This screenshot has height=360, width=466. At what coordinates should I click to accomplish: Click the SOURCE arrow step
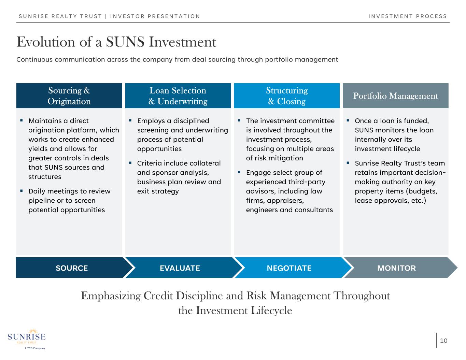click(x=71, y=268)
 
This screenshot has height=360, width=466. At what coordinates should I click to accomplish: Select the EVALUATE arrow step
click(x=180, y=268)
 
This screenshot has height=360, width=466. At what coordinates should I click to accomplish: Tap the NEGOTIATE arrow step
click(x=289, y=268)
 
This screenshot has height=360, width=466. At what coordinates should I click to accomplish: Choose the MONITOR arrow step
click(x=396, y=268)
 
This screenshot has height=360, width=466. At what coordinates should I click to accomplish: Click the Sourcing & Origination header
click(x=69, y=96)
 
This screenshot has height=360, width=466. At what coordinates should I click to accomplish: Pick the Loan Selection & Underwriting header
click(x=178, y=96)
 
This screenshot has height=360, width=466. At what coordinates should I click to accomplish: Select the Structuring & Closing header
click(x=287, y=96)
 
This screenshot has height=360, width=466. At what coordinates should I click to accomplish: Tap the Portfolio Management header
click(x=395, y=96)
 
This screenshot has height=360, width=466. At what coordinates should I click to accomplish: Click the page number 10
click(x=443, y=341)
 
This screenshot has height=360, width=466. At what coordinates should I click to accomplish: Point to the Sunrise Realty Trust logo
click(x=27, y=338)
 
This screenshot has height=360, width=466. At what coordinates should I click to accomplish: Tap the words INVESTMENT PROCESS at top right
click(x=408, y=16)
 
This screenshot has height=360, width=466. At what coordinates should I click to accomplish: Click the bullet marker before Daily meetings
click(x=22, y=190)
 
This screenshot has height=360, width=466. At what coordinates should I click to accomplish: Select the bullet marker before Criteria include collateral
click(x=130, y=163)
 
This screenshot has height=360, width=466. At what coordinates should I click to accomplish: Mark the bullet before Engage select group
click(x=239, y=172)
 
